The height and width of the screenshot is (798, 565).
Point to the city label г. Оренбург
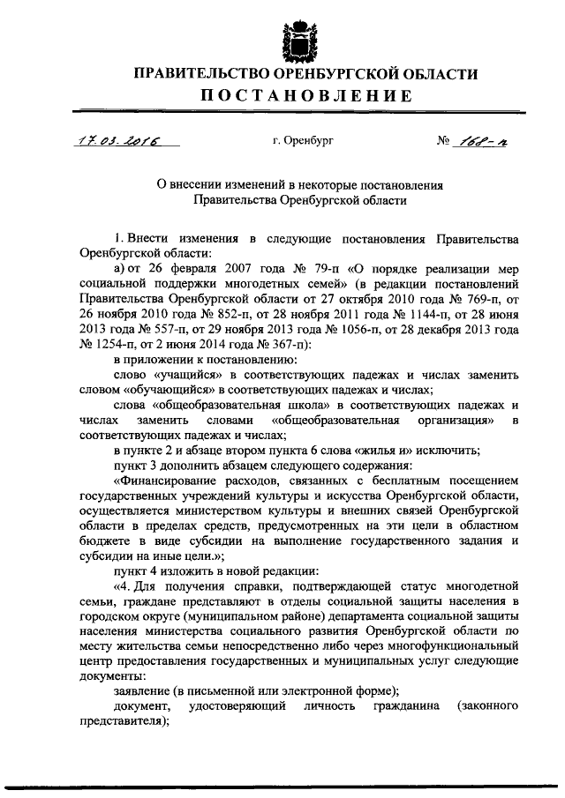302,139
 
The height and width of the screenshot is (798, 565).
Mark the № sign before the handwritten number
443,139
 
